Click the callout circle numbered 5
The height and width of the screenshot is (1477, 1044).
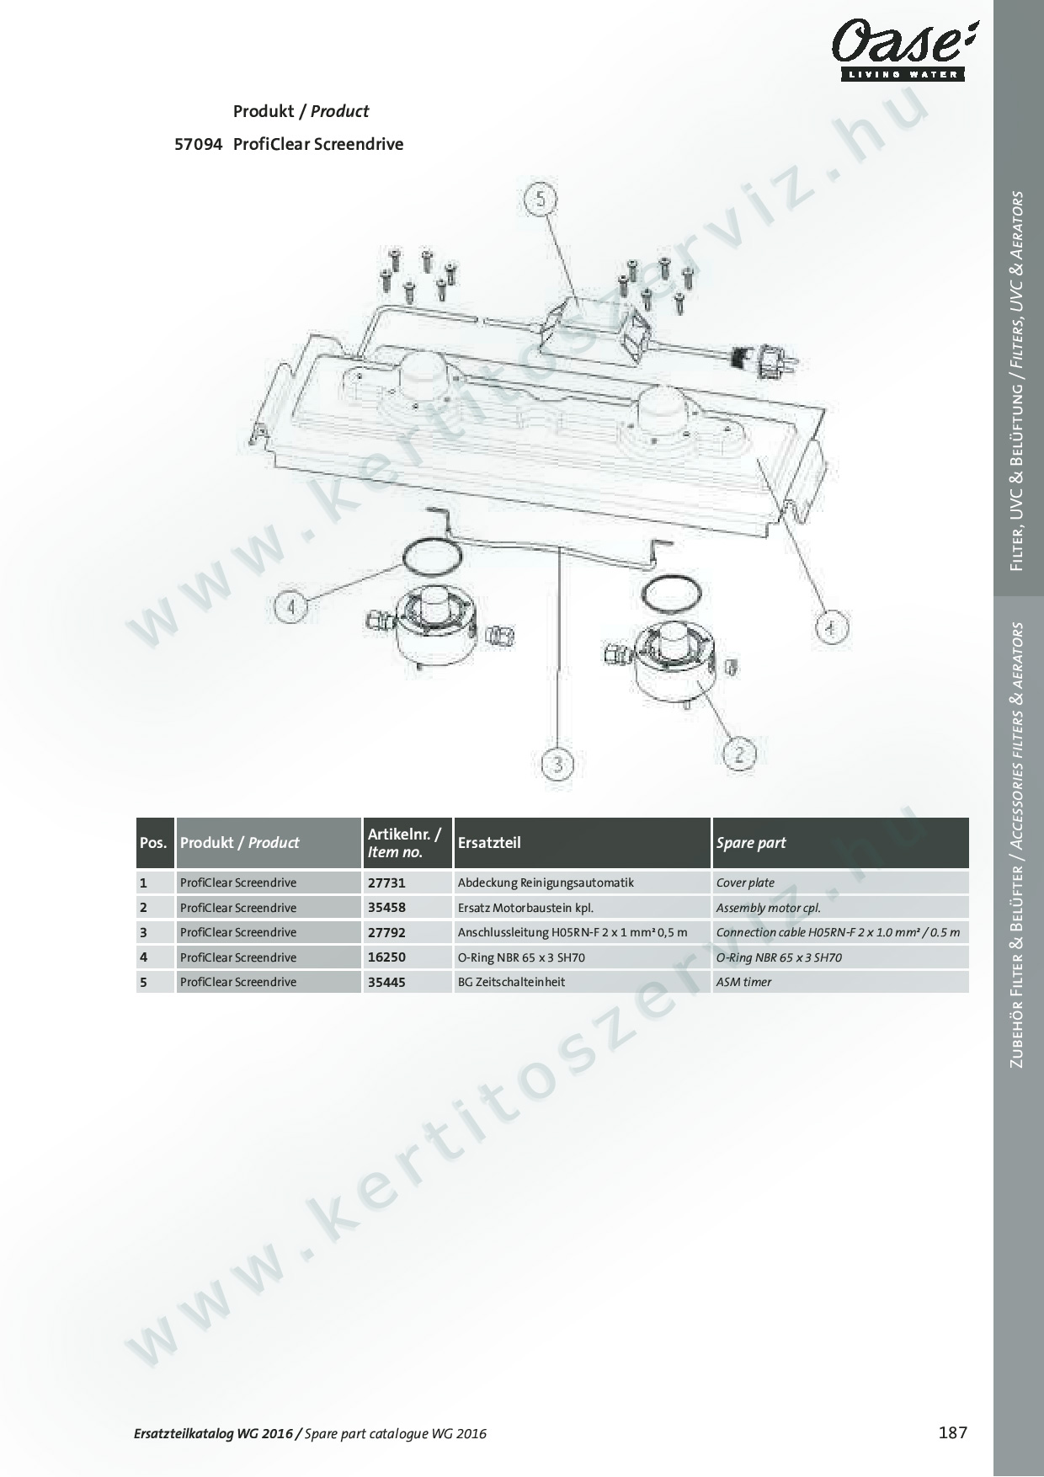[540, 200]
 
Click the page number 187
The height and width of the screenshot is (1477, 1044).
[953, 1432]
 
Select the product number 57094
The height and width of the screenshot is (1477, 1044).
[198, 144]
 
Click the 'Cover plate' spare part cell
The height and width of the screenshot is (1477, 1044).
[840, 883]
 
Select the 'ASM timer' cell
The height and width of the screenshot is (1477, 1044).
[840, 982]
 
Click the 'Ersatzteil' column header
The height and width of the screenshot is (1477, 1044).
[582, 843]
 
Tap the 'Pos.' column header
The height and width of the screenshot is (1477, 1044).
[155, 843]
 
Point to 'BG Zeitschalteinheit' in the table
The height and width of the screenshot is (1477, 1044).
[511, 982]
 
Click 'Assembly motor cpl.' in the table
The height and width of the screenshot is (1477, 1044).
[768, 908]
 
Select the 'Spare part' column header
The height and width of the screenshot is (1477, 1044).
[840, 843]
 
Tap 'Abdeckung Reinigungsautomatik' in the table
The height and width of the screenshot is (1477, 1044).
[546, 883]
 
